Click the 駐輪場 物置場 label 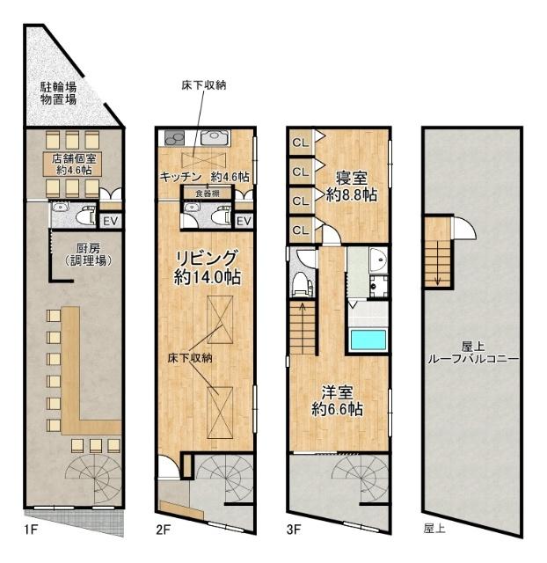58,93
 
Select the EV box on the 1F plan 111,220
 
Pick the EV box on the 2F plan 244,220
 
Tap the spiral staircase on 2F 223,479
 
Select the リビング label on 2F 206,267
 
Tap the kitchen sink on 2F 214,138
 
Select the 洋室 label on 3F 338,400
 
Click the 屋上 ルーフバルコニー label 471,353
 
